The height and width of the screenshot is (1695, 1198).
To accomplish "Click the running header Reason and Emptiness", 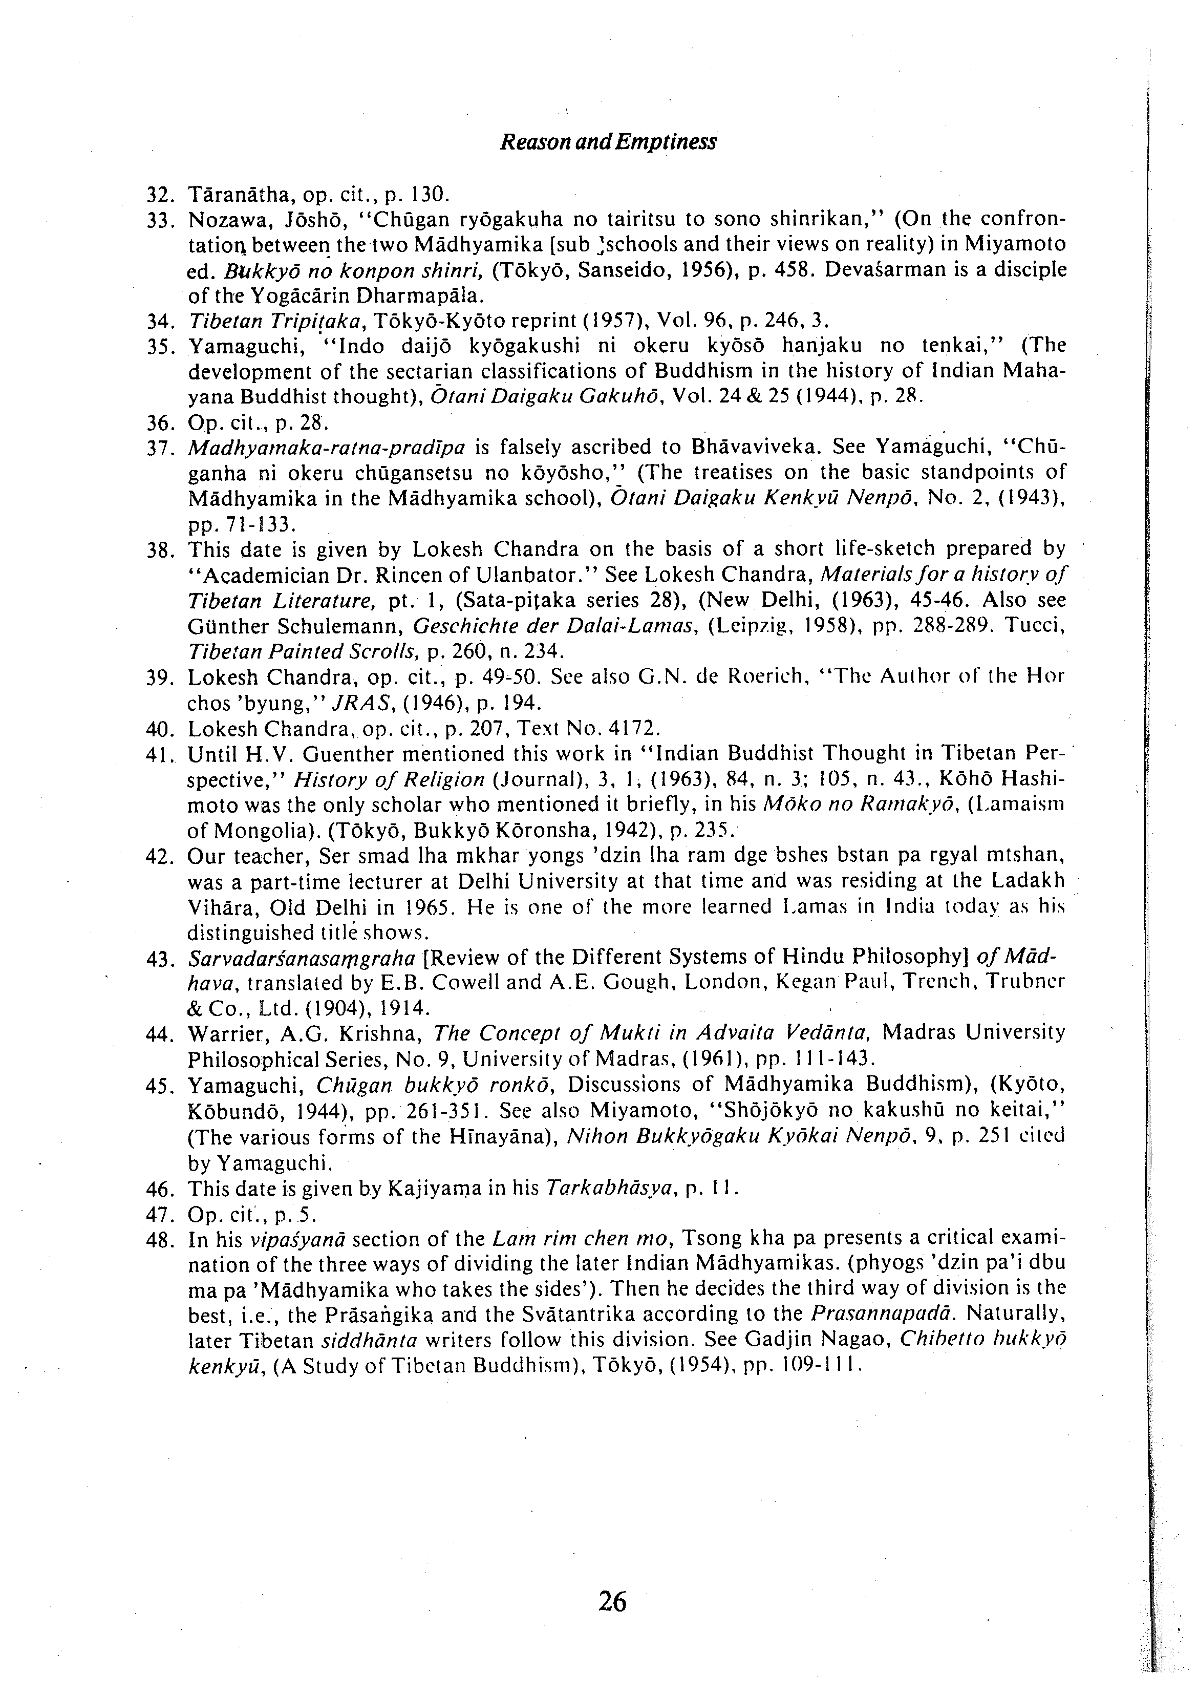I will (608, 142).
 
